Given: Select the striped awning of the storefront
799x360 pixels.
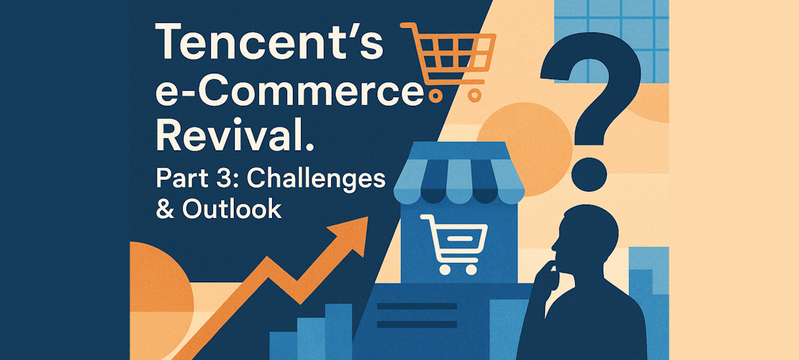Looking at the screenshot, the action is (x=458, y=174).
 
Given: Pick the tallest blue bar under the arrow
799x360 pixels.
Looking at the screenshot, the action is (x=338, y=331).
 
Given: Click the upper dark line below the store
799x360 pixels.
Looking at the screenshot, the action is (x=417, y=306).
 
